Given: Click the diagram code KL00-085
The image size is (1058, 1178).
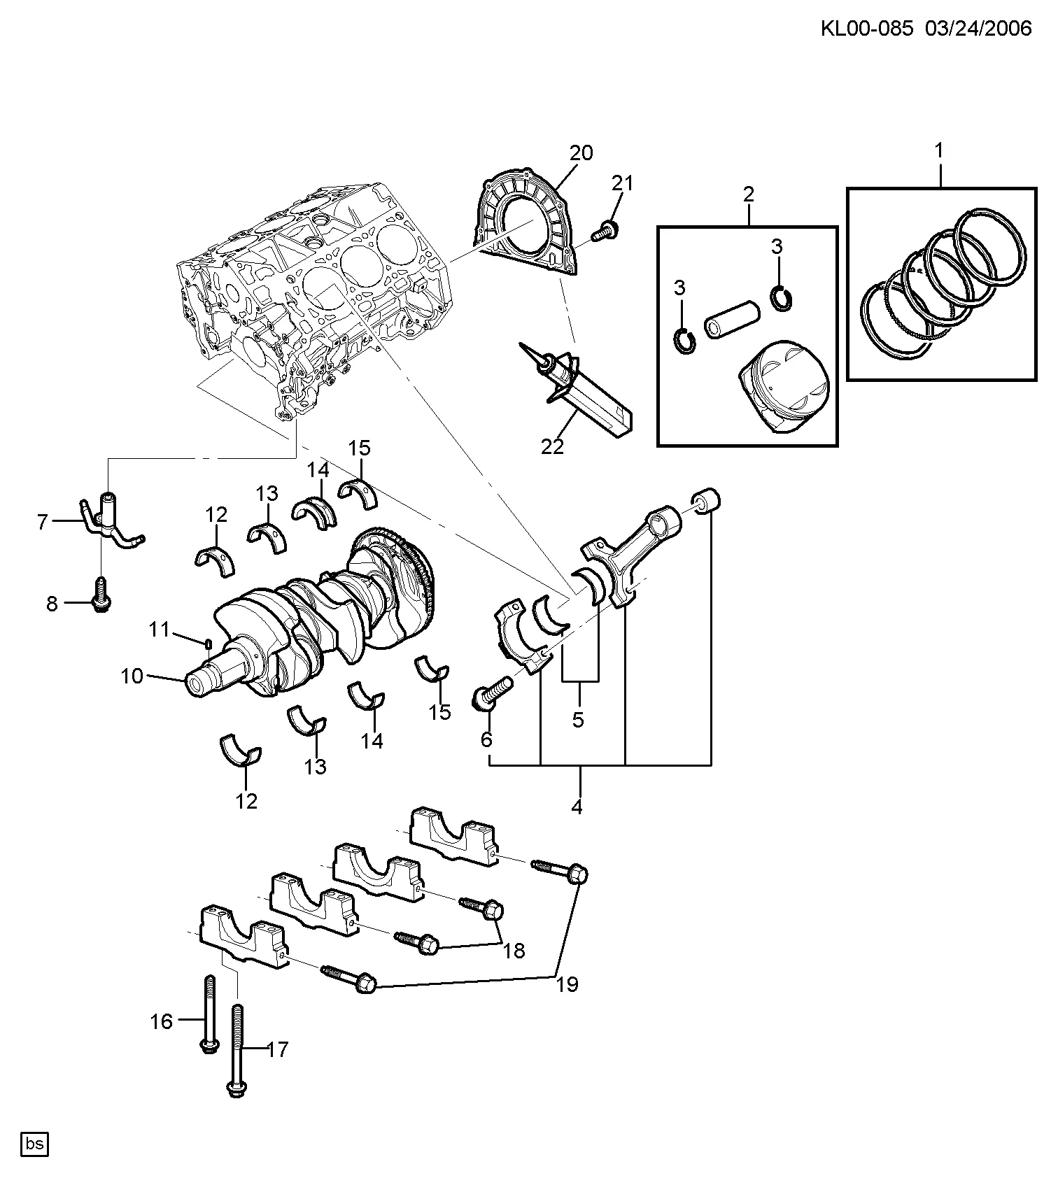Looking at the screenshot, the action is (x=868, y=28).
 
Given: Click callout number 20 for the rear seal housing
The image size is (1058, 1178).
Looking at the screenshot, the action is (x=581, y=152).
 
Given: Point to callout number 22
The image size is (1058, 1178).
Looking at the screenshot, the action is (x=552, y=446).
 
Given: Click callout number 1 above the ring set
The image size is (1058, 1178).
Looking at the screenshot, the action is (x=939, y=150).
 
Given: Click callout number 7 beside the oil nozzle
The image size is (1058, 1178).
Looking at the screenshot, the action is (x=42, y=522).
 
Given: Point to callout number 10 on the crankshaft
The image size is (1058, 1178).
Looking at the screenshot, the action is (x=132, y=676).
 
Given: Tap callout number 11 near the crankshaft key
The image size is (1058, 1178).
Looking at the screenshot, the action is (x=160, y=630).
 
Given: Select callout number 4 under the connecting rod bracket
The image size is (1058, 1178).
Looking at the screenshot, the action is (x=577, y=807).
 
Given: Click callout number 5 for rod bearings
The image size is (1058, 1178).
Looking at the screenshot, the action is (x=578, y=720).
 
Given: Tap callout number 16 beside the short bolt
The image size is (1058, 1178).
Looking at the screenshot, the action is (x=161, y=1022).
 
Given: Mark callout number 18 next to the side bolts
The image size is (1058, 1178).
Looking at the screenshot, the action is (x=514, y=951).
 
